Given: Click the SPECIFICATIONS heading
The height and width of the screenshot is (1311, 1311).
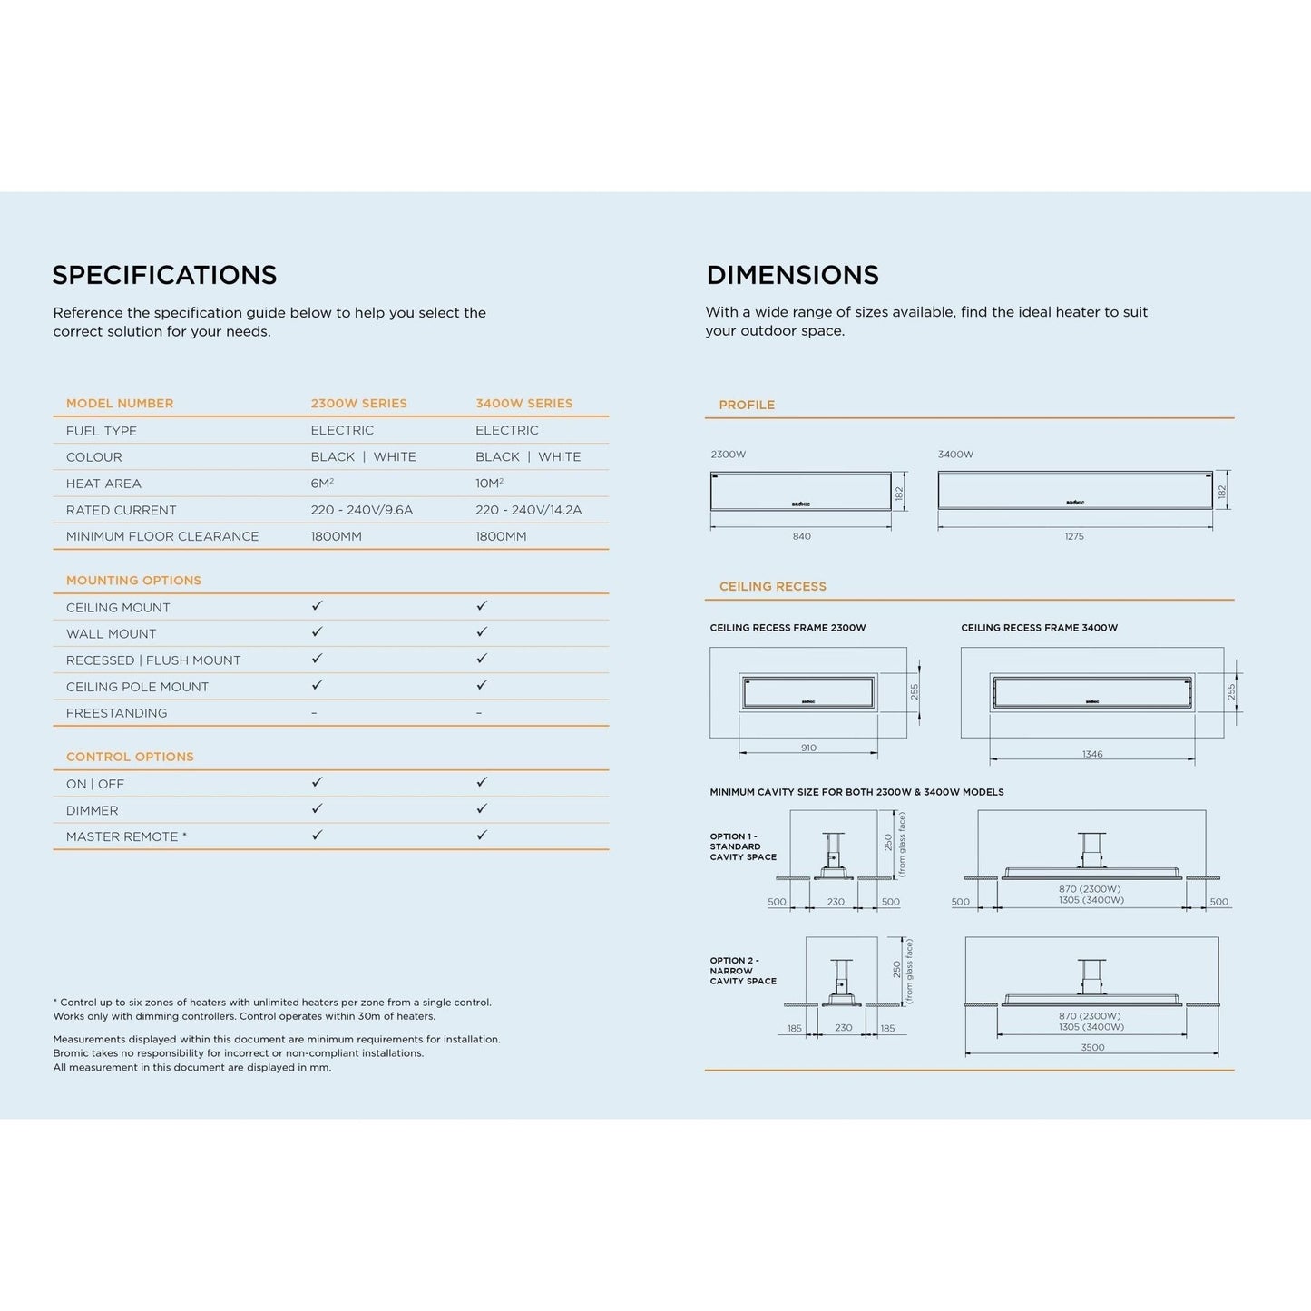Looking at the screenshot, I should point(164,275).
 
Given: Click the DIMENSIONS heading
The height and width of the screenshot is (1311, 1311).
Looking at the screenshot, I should point(792,275).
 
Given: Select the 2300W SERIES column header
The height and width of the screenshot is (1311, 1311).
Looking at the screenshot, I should point(358,404).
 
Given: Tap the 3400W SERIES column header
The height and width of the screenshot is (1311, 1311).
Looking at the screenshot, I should point(523,404).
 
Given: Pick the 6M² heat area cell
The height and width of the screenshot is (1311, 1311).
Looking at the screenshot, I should point(322,484).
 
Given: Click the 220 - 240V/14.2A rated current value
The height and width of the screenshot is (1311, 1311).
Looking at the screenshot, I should point(528,510).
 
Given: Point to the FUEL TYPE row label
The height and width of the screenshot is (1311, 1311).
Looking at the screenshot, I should point(102,431).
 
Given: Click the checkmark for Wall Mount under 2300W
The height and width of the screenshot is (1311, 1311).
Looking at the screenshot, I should point(317,632).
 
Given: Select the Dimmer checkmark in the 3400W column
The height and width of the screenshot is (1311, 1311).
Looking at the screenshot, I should point(482,808).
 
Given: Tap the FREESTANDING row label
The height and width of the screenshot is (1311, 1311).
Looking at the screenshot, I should point(116,713).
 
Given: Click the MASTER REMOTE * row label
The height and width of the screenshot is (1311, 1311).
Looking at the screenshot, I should point(126,836).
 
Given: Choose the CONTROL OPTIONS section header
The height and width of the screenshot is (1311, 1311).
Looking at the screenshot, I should point(130,757).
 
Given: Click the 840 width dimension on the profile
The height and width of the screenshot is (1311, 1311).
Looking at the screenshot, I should point(801,536).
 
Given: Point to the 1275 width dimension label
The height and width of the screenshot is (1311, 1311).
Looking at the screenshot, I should point(1074,536).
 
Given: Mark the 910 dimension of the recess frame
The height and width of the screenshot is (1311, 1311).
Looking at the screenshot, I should point(808,748).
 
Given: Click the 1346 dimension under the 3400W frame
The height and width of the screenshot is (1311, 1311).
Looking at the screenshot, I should point(1092,755).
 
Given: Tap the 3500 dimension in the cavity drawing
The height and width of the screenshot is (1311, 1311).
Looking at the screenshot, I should point(1092,1047).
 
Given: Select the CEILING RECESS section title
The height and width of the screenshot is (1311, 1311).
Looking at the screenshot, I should point(772,587).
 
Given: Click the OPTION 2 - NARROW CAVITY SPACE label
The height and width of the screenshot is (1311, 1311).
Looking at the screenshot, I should point(743,971).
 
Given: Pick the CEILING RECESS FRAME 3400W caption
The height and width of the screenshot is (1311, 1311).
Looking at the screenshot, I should point(1039,628).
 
